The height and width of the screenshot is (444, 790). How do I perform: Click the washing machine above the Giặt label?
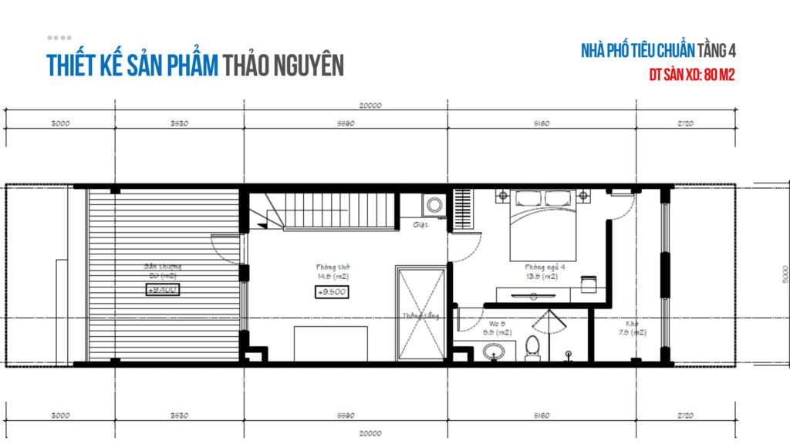(x=434, y=206)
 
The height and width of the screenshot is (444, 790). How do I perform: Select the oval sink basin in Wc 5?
(x=494, y=351)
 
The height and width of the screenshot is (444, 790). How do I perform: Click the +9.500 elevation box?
(x=332, y=292)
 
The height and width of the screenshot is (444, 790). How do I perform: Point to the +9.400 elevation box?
(x=163, y=290)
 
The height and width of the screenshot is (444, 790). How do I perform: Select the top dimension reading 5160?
(x=542, y=124)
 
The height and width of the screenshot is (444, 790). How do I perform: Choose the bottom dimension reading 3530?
(x=179, y=415)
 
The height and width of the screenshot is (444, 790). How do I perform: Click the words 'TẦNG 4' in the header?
(x=717, y=52)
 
